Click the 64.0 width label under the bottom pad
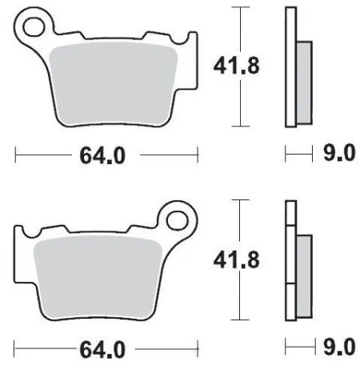click(102, 349)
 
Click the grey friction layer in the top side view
click(304, 80)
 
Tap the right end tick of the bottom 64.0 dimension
click(198, 348)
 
